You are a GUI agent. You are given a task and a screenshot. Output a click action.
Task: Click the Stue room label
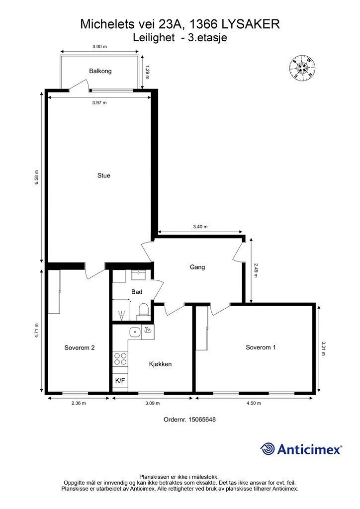[104, 175]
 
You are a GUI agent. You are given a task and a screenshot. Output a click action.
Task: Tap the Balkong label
[100, 71]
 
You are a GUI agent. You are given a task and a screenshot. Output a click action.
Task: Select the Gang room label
[197, 267]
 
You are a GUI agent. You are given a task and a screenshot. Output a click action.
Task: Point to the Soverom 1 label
[261, 347]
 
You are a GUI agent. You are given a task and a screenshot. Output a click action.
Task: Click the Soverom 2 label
[80, 347]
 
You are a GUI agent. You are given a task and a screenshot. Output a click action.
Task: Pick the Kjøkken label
[161, 364]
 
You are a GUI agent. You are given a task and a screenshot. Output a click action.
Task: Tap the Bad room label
[137, 292]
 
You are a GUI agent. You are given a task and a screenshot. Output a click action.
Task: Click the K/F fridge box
[120, 380]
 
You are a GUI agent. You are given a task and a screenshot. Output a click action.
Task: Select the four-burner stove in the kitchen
[120, 359]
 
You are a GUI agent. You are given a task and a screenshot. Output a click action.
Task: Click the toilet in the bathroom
[143, 310]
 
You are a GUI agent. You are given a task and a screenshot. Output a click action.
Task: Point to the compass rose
[302, 68]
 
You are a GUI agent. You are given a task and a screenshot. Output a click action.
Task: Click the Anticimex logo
[301, 449]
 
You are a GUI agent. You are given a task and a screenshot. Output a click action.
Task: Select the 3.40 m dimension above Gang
[200, 227]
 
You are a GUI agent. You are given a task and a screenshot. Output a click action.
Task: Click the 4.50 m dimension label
[254, 403]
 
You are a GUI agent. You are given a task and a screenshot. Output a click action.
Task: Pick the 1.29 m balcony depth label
[147, 73]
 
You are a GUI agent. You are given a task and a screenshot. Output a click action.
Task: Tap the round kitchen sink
[134, 332]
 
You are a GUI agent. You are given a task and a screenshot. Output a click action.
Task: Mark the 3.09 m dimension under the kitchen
[153, 403]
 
